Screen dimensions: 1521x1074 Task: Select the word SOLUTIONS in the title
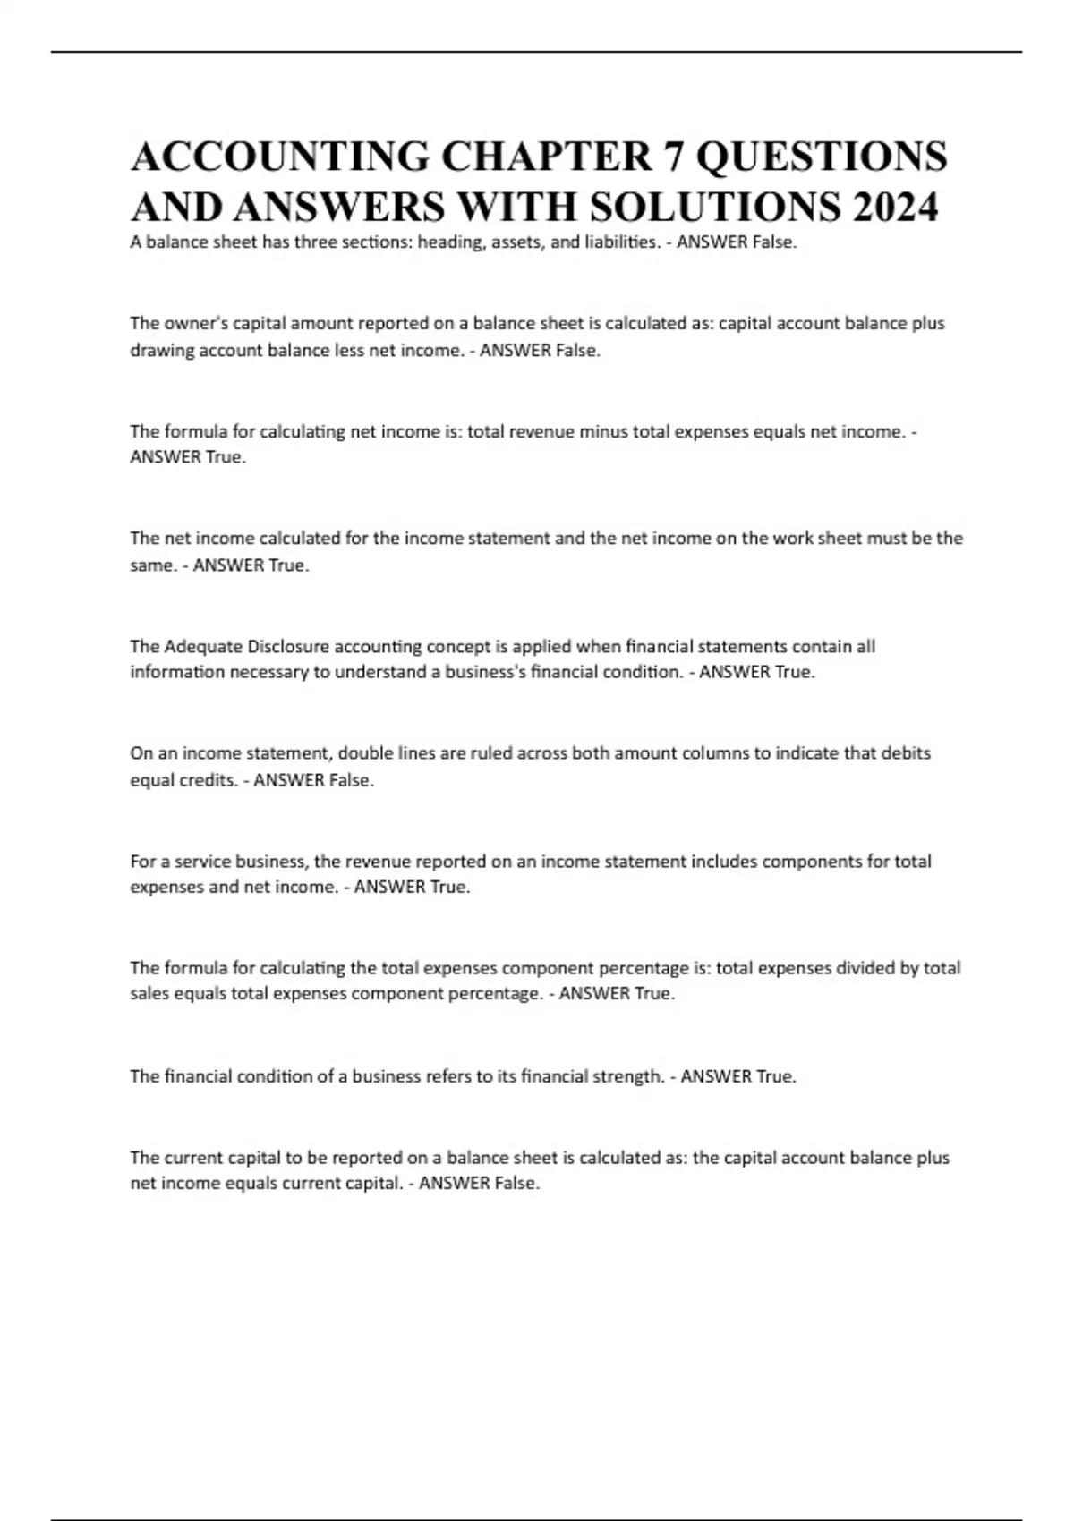point(715,207)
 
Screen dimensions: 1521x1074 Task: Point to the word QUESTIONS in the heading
point(822,156)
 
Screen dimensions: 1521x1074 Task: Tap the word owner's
point(197,323)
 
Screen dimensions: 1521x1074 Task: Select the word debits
point(905,753)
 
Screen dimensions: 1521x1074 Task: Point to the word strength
point(626,1076)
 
